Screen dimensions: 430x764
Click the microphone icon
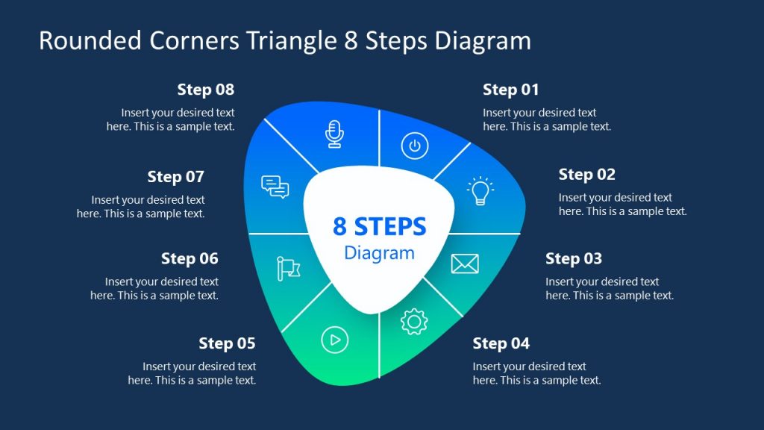335,133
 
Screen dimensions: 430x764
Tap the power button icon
415,146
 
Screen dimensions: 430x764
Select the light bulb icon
480,191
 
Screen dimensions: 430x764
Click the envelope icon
465,264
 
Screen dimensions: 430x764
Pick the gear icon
414,321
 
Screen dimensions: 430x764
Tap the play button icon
335,340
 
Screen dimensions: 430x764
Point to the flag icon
287,268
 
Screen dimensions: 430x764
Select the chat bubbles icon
275,187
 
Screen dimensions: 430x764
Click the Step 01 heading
510,90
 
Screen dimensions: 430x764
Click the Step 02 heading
586,175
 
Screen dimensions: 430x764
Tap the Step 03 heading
573,259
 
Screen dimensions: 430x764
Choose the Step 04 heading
501,343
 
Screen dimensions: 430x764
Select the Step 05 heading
227,343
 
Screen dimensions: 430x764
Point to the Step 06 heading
190,259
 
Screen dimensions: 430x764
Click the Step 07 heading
175,177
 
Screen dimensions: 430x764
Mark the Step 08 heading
205,90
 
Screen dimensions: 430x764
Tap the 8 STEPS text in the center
379,226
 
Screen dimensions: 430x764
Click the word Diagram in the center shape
379,253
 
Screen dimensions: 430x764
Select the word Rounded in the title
81,40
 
